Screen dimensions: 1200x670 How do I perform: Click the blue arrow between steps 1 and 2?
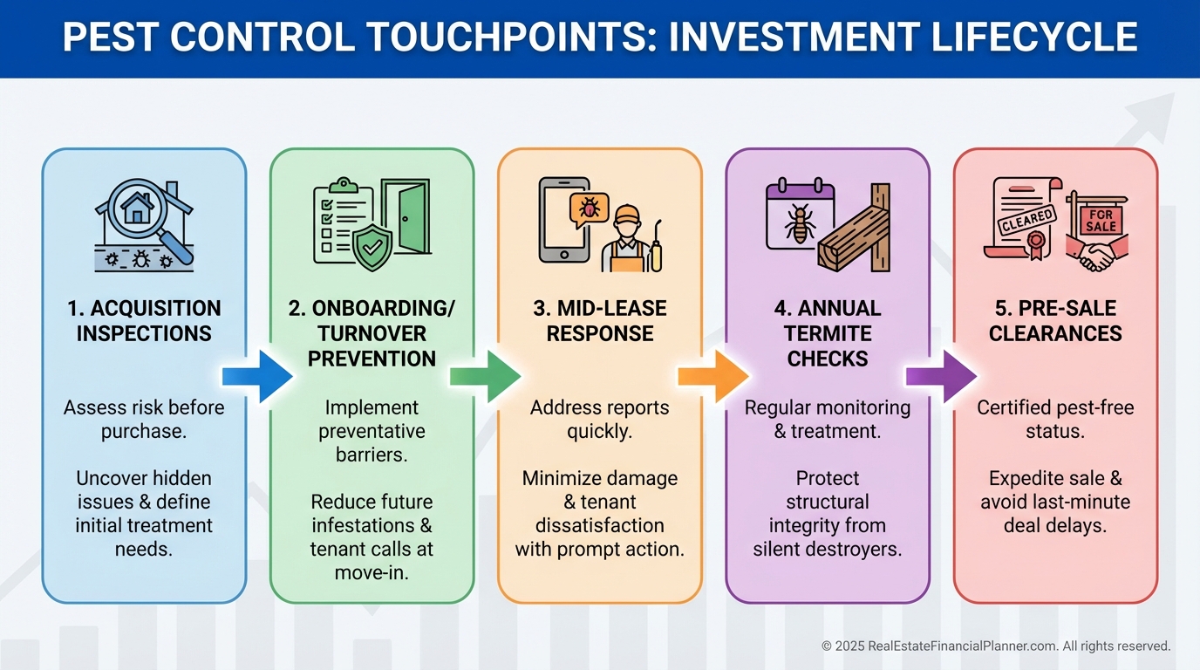point(258,376)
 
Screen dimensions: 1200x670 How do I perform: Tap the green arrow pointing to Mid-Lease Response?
point(486,376)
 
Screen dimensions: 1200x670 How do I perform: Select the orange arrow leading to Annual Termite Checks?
point(713,376)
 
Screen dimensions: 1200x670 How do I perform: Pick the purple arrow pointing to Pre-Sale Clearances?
point(941,376)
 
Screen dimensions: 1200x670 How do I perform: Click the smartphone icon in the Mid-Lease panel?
point(563,220)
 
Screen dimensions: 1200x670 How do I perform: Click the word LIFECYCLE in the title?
point(1034,37)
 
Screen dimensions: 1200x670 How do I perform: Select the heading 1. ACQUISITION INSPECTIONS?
point(144,320)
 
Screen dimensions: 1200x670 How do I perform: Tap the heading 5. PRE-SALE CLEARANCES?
point(1055,320)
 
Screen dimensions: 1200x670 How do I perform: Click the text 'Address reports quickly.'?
point(599,419)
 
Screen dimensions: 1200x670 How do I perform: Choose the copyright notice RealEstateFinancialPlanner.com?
point(996,646)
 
